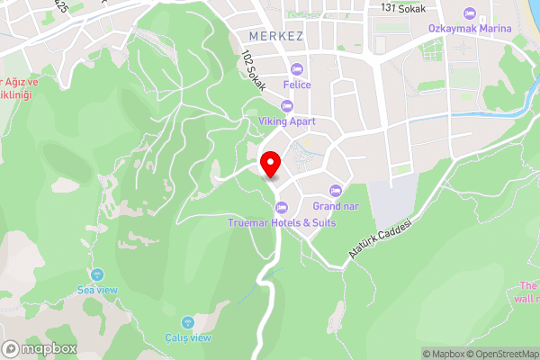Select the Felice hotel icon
point(297,70)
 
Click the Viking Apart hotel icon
point(287,106)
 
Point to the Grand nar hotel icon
point(336,190)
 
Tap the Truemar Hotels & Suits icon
point(281,209)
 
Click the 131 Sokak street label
point(402,7)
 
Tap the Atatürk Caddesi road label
point(379,240)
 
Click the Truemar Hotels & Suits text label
point(281,222)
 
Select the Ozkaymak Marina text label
point(470,28)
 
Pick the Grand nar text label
point(336,204)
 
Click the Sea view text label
point(98,290)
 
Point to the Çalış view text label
point(189,337)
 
